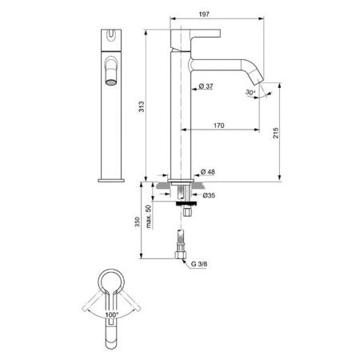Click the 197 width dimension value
(211, 14)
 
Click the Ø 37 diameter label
(204, 86)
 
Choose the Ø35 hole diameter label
(206, 195)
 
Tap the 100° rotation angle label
(114, 316)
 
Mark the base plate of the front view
(111, 178)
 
